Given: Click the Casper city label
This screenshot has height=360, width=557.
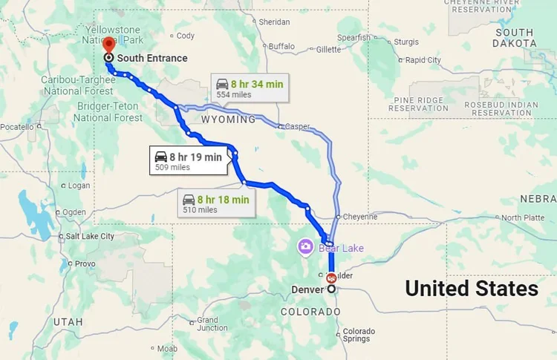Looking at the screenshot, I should click(x=297, y=127).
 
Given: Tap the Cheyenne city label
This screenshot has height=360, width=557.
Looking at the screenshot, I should click(x=359, y=217).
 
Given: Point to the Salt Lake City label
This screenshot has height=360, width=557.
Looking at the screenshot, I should click(x=90, y=237).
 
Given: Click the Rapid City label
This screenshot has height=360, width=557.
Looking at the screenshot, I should click(x=423, y=60).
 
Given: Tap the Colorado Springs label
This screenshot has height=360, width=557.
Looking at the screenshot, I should click(x=359, y=335).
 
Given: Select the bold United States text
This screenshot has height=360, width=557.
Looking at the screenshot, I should click(x=472, y=289).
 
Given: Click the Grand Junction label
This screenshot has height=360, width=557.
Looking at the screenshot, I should click(x=212, y=324).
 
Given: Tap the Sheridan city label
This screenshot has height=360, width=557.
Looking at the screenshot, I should click(x=274, y=22).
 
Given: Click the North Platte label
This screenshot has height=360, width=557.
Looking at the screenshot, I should click(x=522, y=217).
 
